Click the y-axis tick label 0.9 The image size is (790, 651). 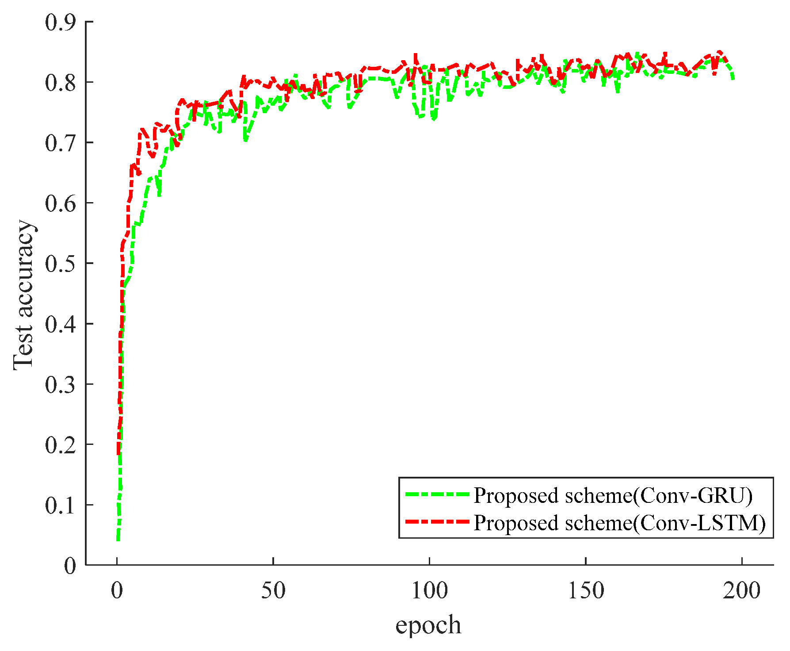61,22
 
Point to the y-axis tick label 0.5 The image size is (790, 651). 61,264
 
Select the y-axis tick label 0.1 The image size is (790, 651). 61,505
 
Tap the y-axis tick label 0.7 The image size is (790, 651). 61,143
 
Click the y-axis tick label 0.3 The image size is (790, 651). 61,384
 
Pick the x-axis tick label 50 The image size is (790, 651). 273,591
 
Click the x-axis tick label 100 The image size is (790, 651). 429,591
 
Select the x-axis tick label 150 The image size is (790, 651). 586,591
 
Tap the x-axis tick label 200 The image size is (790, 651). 742,591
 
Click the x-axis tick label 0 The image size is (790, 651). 117,591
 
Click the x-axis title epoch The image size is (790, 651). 428,625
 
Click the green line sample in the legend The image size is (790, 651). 437,495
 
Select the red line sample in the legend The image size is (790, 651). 437,522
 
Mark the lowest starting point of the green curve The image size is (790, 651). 118,540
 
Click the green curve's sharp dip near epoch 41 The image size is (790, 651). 245,141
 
